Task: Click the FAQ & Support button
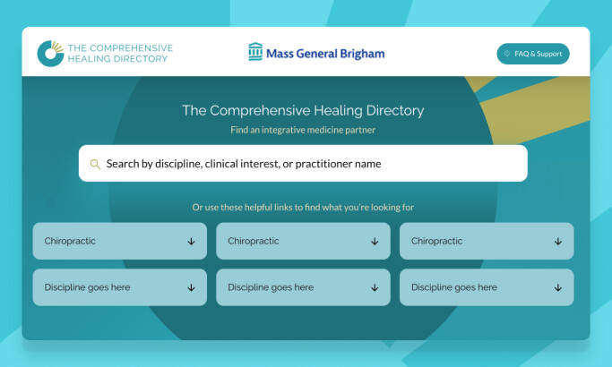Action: click(x=533, y=54)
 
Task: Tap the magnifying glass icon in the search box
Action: click(x=95, y=164)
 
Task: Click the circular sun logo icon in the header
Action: click(x=50, y=53)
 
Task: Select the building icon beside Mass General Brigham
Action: click(x=255, y=53)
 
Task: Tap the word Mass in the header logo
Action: click(x=280, y=54)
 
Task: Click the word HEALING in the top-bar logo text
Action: click(x=91, y=59)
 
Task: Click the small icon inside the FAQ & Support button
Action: click(x=507, y=54)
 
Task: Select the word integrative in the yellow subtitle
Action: click(x=291, y=130)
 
